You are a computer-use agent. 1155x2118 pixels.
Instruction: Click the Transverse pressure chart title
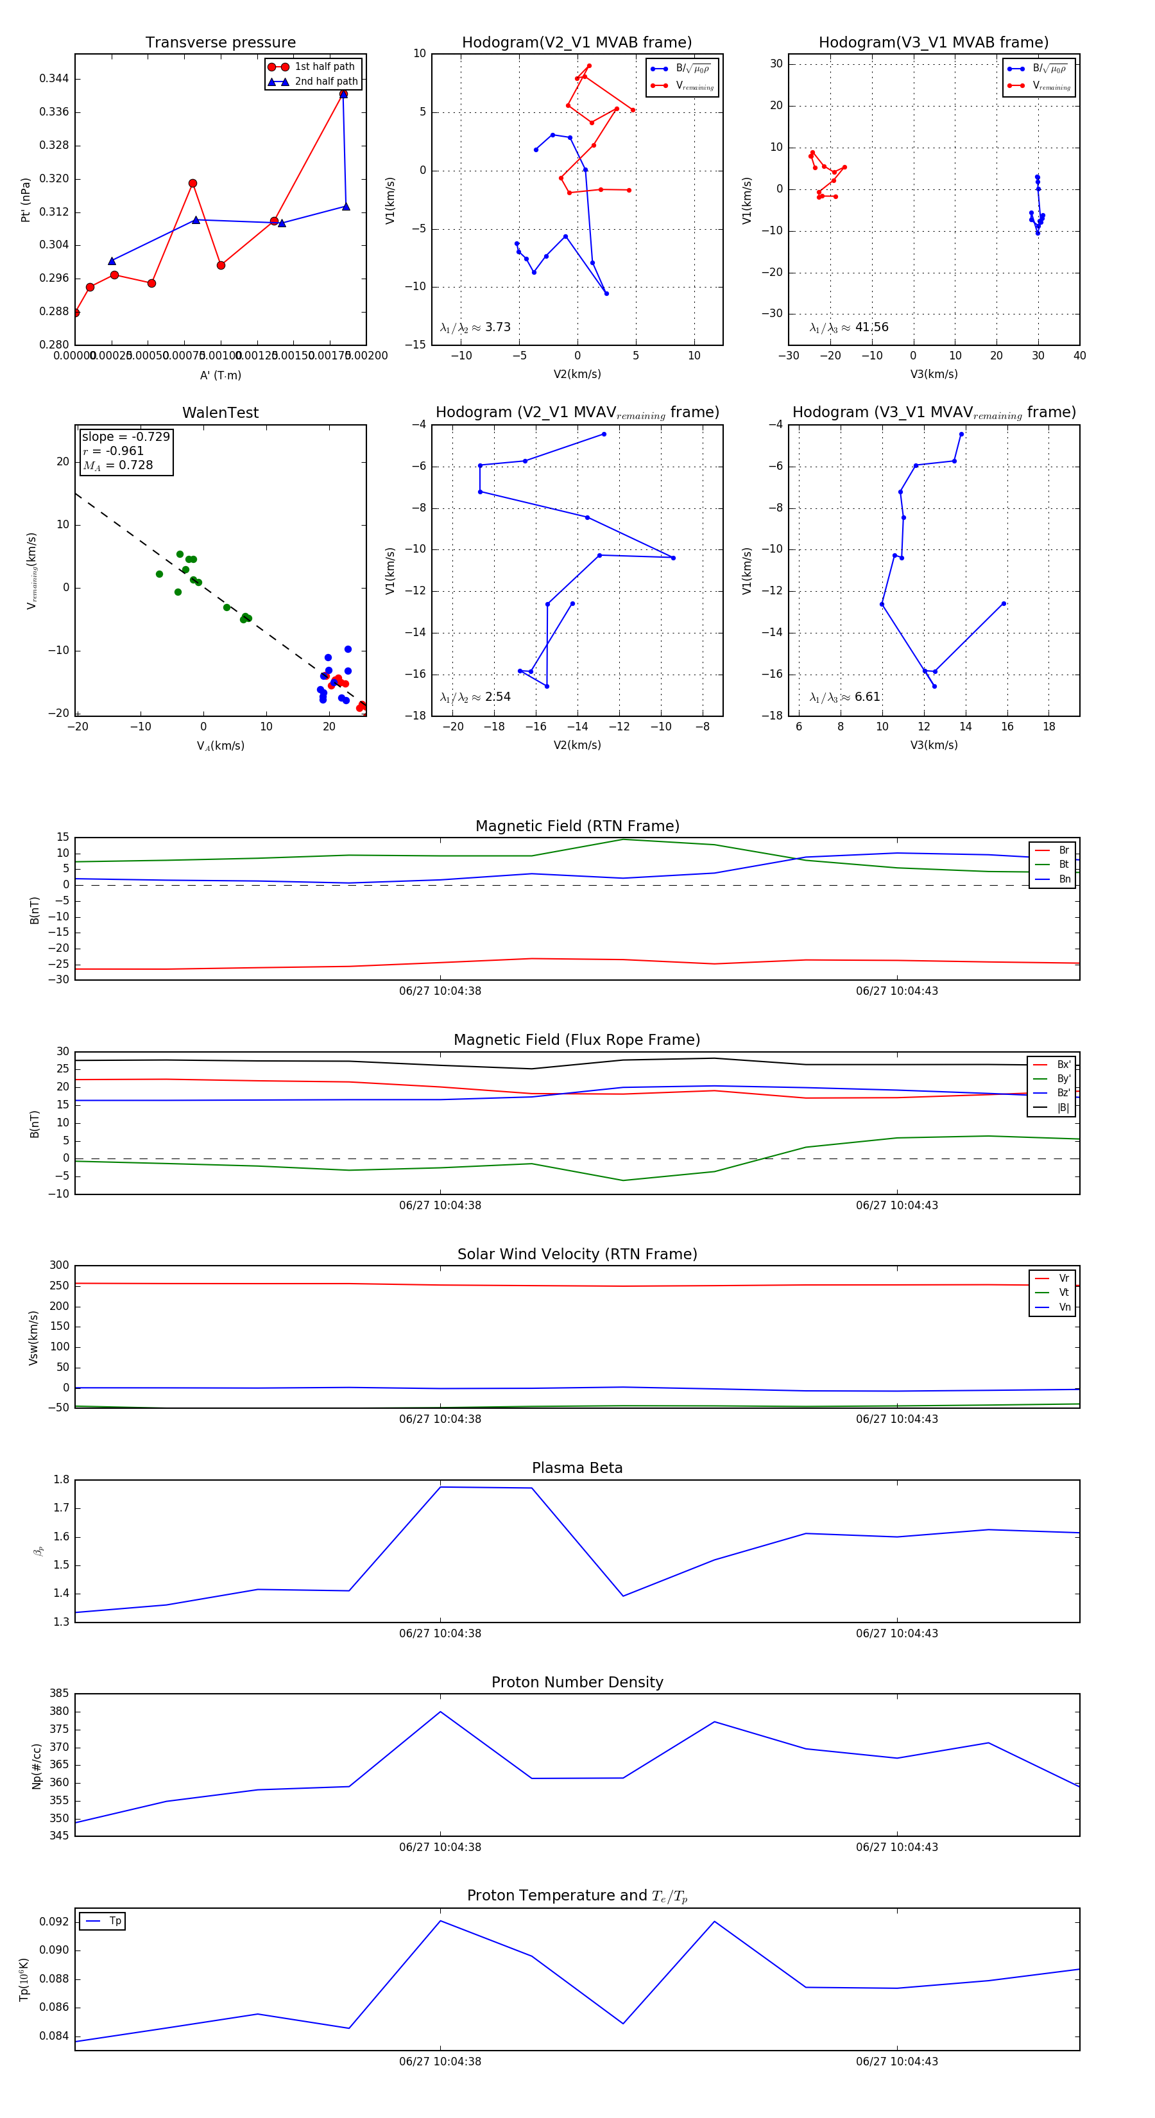220,43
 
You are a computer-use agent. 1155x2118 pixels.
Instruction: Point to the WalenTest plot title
220,413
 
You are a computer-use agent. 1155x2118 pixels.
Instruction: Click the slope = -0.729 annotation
126,436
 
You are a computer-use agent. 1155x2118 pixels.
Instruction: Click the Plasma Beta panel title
577,1468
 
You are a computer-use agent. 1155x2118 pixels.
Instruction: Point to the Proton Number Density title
577,1682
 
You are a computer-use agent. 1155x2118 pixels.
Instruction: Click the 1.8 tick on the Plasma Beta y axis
61,1480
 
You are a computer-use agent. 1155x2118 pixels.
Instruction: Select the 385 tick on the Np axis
59,1694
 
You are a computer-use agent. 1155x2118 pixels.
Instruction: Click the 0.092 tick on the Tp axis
55,1922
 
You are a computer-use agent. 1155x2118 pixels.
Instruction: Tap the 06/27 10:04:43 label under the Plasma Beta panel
896,1633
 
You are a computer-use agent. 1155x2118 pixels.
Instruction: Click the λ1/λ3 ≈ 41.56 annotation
848,327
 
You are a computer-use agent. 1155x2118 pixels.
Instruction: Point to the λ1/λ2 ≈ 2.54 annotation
475,697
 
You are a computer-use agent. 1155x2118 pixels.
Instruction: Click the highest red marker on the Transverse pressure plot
343,94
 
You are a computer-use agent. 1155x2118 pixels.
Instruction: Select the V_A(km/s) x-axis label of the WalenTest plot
220,746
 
